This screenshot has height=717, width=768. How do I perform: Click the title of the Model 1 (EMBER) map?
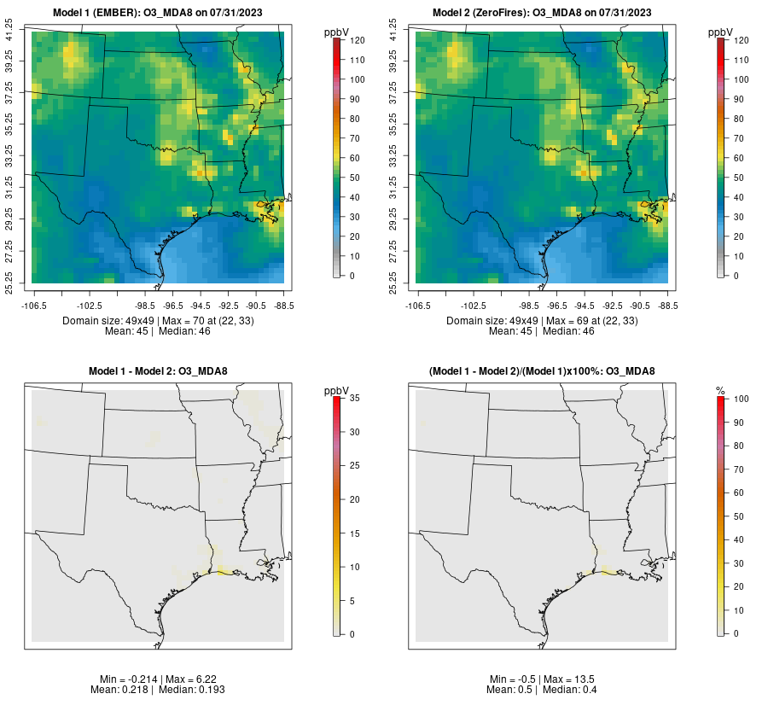tap(158, 12)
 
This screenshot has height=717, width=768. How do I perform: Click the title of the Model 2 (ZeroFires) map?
tap(542, 12)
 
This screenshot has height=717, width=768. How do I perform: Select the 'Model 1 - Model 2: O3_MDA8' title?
tap(158, 370)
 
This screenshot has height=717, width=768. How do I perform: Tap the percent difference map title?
tap(542, 370)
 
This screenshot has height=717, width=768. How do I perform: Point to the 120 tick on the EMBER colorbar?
tap(358, 40)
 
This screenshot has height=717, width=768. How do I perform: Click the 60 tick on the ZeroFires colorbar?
tap(742, 158)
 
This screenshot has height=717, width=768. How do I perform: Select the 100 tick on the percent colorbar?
tap(742, 398)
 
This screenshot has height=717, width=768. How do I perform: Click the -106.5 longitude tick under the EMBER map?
tap(33, 305)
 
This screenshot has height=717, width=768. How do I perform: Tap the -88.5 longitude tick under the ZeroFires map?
tap(667, 305)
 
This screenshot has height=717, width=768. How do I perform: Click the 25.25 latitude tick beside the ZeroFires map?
tap(394, 283)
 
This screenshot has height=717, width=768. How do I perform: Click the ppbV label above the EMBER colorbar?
tap(339, 32)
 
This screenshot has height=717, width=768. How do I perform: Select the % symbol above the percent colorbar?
tap(721, 390)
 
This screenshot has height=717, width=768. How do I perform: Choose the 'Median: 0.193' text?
tap(195, 689)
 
